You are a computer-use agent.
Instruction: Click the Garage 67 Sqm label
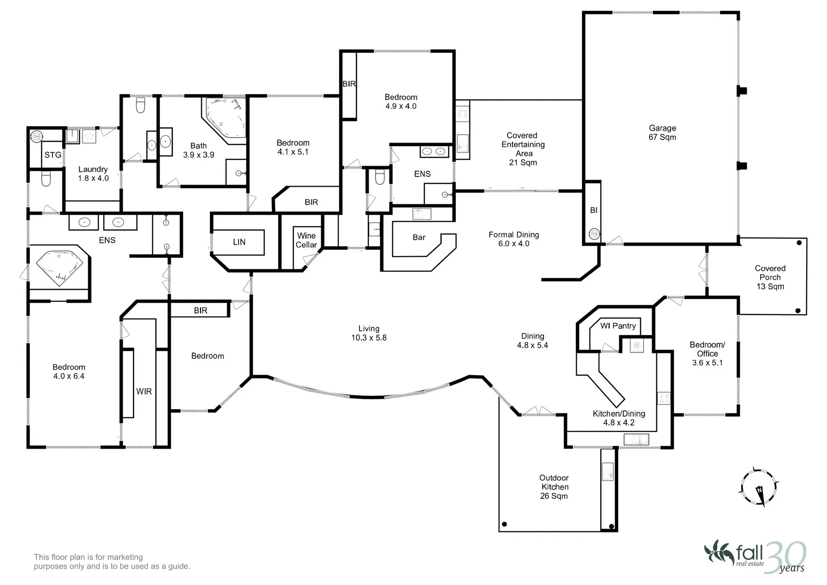[x=662, y=133]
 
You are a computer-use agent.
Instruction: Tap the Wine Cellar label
[x=306, y=240]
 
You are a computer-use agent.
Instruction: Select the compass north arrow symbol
[x=759, y=487]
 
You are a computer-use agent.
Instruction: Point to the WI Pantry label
[x=618, y=326]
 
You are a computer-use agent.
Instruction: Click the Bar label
[x=419, y=237]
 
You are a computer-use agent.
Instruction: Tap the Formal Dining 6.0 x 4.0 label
[x=514, y=239]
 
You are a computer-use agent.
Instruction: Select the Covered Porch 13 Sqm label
[x=770, y=277]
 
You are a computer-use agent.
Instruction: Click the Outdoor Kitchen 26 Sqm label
[x=554, y=487]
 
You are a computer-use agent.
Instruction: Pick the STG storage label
[x=53, y=155]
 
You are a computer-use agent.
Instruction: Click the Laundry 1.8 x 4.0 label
[x=93, y=174]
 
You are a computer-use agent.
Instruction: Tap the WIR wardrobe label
[x=144, y=392]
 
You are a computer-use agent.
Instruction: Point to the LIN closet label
[x=239, y=242]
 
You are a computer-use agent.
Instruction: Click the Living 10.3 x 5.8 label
[x=369, y=333]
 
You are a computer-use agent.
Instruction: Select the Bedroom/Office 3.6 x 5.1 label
[x=707, y=354]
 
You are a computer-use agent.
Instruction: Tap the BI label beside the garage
[x=594, y=210]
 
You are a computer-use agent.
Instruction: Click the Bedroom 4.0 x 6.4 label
[x=69, y=371]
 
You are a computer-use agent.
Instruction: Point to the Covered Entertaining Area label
[x=523, y=149]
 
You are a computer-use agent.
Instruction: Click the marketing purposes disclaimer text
[x=112, y=562]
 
